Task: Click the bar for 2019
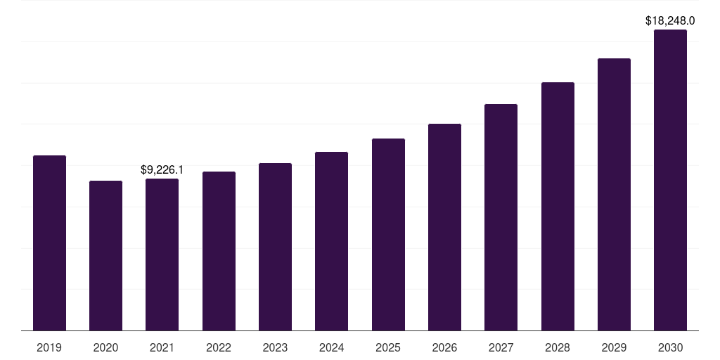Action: tap(49, 243)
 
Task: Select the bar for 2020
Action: tap(105, 255)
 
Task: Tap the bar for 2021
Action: tap(162, 255)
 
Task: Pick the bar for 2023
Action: tap(275, 247)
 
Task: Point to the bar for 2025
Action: tap(388, 234)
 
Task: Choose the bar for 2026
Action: tap(444, 227)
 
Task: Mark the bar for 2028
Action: tap(558, 206)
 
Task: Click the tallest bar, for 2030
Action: tap(670, 180)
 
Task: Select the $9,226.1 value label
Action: tap(162, 169)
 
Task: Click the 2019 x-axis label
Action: tap(49, 347)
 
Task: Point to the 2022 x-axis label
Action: tap(219, 347)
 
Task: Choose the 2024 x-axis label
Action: tap(331, 347)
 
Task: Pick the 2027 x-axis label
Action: tap(501, 347)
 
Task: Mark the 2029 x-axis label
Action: tap(614, 347)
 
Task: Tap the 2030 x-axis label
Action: tap(670, 347)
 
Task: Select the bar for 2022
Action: tap(219, 251)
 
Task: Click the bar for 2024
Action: tap(331, 241)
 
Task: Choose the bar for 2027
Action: tap(501, 217)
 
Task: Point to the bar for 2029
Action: tap(614, 194)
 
